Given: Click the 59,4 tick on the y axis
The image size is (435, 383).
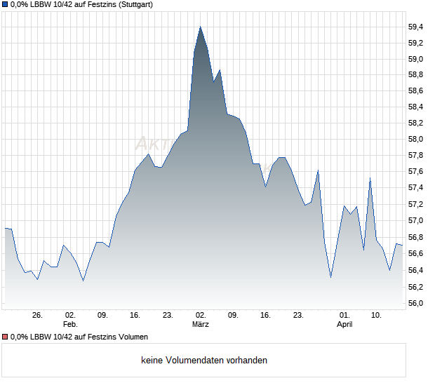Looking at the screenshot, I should [415, 27].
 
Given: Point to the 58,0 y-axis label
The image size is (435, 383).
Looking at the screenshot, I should [415, 139].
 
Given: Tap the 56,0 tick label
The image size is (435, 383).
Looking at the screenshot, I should [415, 303].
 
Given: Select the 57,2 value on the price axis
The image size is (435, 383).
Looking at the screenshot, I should [415, 204].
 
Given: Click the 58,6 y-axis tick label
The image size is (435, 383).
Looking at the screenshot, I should [415, 90].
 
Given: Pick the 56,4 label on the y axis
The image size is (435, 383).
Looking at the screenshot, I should [415, 270].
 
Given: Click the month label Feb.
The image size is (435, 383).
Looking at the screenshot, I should [69, 325].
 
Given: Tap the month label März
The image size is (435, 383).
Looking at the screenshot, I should [201, 325].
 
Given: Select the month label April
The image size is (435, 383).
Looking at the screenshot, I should [344, 325].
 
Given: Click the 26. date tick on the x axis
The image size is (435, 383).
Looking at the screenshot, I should [37, 316].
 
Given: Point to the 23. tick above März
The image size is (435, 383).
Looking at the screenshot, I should [168, 316].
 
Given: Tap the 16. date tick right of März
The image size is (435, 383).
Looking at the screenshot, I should [265, 316].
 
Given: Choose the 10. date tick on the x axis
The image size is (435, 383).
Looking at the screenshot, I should [377, 316].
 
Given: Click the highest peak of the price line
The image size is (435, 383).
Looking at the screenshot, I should [201, 27].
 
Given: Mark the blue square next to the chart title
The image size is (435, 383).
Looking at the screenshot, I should [6, 4].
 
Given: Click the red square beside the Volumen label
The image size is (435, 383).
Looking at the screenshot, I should [6, 337].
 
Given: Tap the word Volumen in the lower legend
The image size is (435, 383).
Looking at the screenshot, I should [132, 337].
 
